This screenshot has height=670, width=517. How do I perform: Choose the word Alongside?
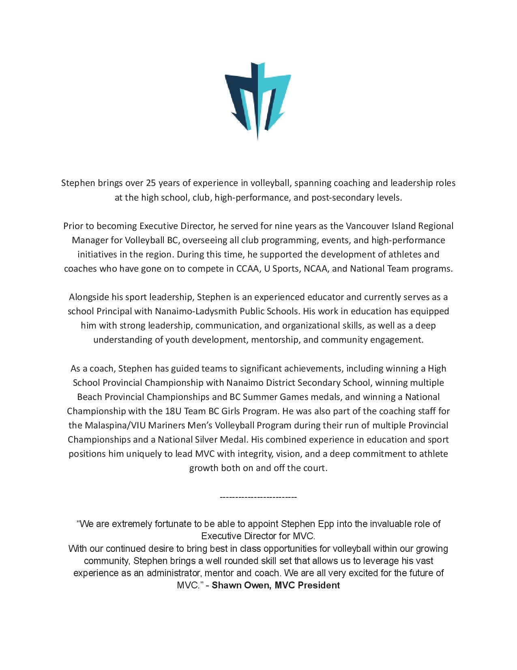point(89,297)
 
